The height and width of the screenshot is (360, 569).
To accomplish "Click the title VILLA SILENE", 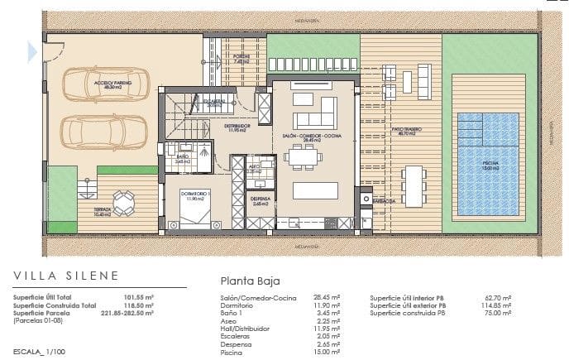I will (66, 276).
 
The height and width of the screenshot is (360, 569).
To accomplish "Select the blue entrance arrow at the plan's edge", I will (32, 52).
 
